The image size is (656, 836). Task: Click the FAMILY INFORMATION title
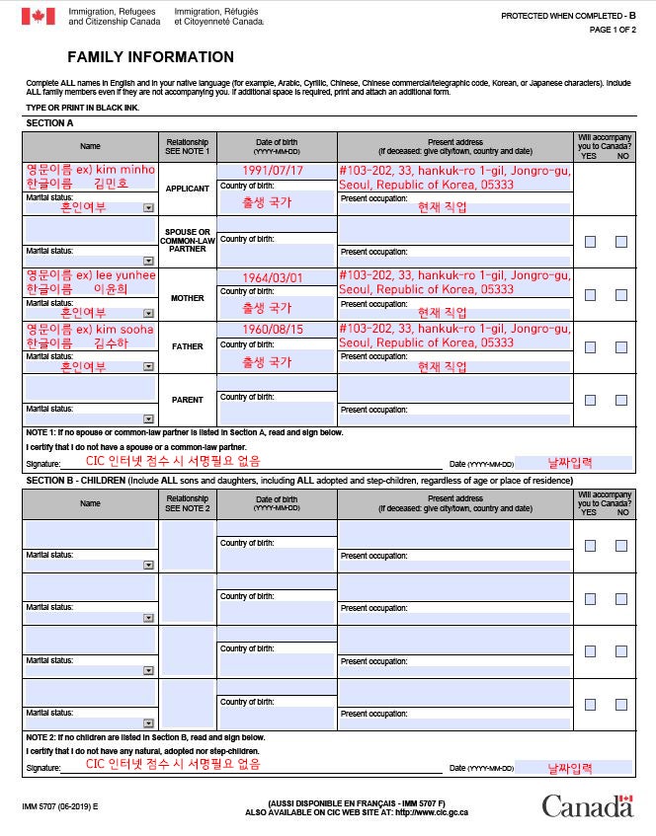[150, 57]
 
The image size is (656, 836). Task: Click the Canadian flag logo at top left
[38, 17]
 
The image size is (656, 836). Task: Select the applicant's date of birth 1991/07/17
[273, 171]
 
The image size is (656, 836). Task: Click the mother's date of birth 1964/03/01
[273, 277]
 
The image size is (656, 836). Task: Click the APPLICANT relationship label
[187, 189]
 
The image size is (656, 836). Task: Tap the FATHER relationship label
[187, 347]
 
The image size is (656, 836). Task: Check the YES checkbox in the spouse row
[590, 242]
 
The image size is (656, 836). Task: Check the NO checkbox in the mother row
[621, 295]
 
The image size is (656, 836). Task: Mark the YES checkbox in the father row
[590, 347]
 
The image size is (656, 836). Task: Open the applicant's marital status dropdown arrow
[148, 207]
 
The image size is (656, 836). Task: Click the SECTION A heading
[49, 123]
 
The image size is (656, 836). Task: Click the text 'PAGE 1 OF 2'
[614, 30]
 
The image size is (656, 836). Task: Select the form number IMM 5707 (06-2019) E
[60, 807]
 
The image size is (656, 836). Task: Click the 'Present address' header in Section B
[455, 499]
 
